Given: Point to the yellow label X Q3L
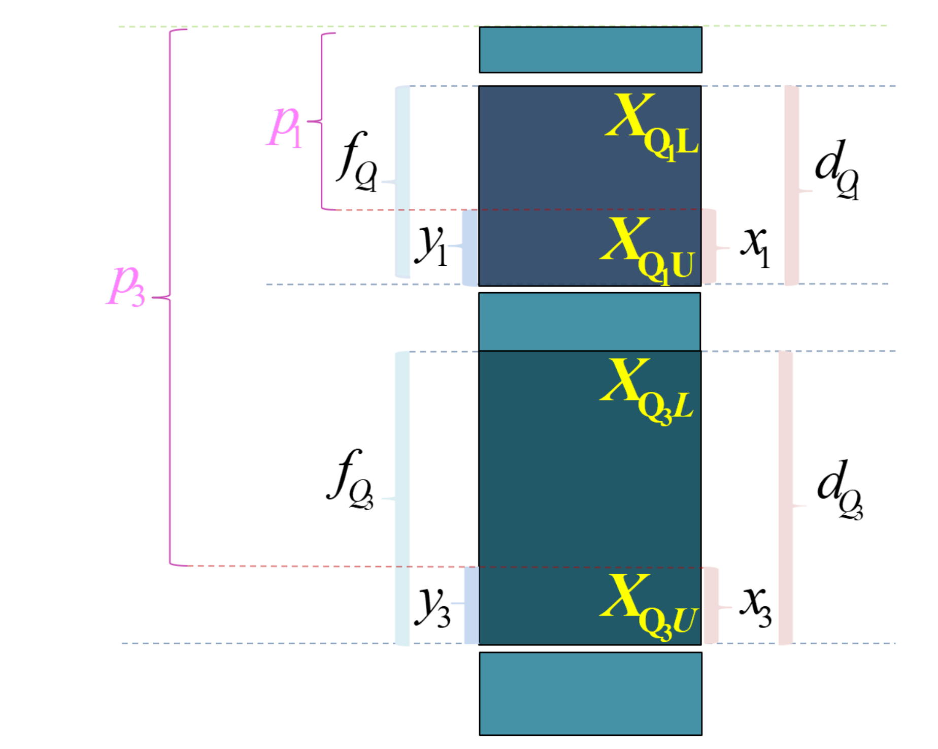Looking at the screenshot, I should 646,392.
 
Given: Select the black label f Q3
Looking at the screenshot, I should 350,480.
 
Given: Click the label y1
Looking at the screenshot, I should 431,246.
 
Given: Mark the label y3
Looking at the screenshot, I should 432,607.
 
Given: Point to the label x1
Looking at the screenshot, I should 755,247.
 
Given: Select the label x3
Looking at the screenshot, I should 756,607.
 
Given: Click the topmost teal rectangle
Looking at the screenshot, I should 590,50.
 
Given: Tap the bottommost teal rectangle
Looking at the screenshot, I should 590,694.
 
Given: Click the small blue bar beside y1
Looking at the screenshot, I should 471,247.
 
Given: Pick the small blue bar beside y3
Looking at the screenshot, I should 472,605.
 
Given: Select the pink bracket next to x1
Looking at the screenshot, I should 711,246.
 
